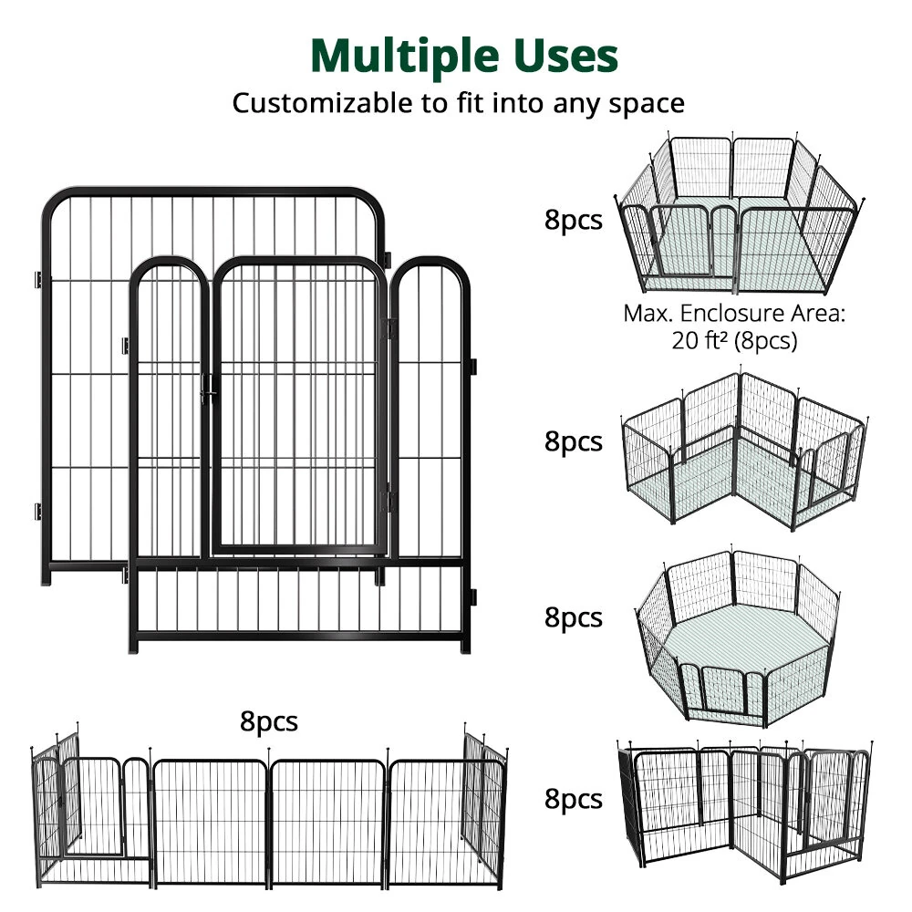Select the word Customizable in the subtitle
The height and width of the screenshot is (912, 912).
tap(322, 103)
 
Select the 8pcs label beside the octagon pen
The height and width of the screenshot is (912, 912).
tap(574, 617)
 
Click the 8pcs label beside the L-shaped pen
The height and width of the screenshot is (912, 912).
tap(574, 441)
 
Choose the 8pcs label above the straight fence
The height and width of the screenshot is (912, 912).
tap(269, 721)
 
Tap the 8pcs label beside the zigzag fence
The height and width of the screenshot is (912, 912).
tap(574, 799)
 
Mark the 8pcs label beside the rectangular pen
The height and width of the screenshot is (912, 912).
tap(574, 221)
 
